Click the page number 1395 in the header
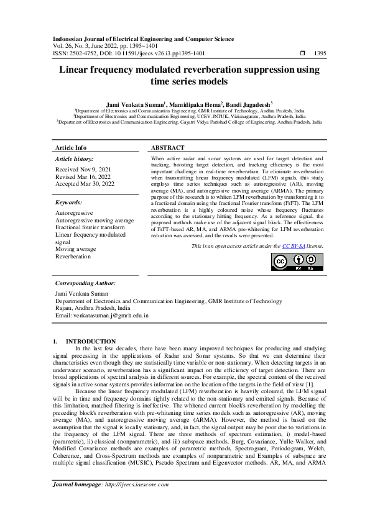click(320, 53)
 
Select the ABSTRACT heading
click(168, 148)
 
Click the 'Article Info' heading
click(72, 148)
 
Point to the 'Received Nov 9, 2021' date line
click(84, 169)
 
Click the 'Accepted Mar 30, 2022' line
click(85, 184)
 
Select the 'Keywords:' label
click(70, 202)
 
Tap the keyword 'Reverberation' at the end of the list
click(73, 256)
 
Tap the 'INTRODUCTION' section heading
click(91, 341)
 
